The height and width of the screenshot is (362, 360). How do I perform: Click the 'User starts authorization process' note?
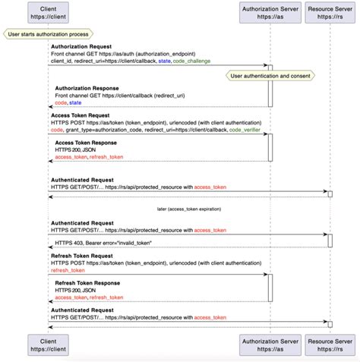click(x=48, y=33)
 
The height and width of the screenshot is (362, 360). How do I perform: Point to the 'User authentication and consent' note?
click(x=270, y=77)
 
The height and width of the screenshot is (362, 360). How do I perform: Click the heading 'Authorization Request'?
click(x=81, y=46)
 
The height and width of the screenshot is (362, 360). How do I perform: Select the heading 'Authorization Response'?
click(x=87, y=88)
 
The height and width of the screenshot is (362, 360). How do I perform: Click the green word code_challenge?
click(x=192, y=61)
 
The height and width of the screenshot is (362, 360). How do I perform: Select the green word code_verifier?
click(x=248, y=130)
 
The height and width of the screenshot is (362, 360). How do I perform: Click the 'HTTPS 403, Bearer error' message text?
click(x=104, y=242)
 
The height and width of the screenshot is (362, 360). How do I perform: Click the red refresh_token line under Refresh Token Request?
click(x=67, y=270)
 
